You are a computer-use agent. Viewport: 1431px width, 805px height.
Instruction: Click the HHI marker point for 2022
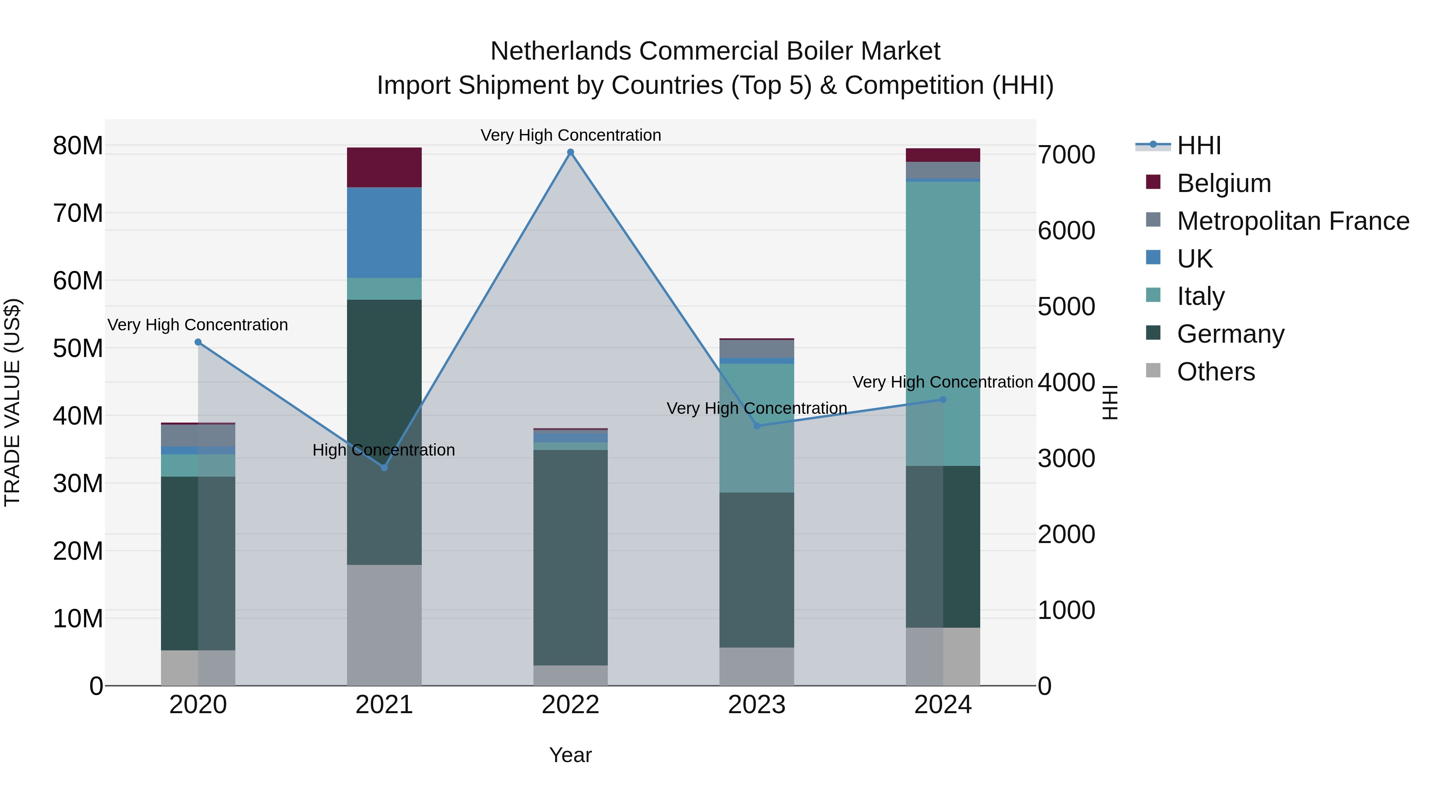coord(570,152)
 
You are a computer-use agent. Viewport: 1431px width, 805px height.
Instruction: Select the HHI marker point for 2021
coord(384,467)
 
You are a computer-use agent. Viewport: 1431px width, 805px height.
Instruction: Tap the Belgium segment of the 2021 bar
coord(384,167)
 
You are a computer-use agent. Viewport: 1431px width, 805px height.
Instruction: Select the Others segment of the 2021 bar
coord(384,625)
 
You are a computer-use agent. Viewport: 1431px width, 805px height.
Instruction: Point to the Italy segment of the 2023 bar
coord(756,428)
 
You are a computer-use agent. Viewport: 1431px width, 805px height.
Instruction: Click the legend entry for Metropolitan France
coord(1293,221)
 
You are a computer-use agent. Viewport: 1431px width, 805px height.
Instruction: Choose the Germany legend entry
coord(1230,334)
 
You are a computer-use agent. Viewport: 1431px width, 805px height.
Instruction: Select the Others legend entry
coord(1216,372)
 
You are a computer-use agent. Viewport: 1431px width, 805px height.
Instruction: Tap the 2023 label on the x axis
coord(756,705)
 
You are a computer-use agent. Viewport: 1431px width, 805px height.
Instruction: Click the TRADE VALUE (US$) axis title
coord(12,402)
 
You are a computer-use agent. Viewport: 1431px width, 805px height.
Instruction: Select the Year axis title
coord(570,755)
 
